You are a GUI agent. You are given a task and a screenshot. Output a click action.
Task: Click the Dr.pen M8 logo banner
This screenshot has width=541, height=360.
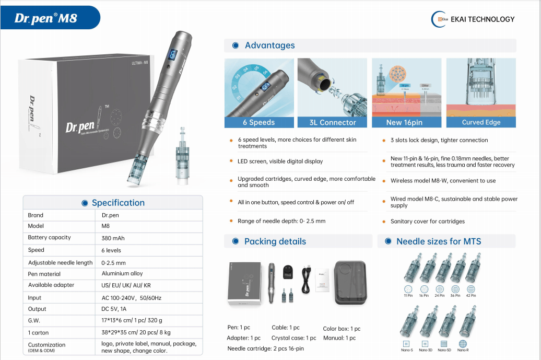point(46,18)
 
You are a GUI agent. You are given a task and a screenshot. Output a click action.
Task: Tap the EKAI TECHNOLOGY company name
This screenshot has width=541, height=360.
point(483,19)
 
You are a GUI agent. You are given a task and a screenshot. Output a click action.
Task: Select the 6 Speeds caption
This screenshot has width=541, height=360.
point(258,122)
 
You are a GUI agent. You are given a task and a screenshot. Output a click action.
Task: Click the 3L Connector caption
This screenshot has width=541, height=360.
point(333,122)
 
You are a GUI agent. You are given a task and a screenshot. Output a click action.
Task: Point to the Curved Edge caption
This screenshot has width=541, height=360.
point(481,122)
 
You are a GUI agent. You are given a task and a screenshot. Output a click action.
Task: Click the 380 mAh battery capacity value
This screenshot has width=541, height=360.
point(113,238)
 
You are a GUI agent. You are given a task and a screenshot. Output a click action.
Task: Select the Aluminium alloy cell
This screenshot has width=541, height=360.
point(122,273)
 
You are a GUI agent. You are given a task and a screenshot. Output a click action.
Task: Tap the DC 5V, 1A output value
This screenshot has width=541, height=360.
point(114,309)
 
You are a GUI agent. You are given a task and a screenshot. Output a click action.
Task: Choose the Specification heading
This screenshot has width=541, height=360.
point(118,203)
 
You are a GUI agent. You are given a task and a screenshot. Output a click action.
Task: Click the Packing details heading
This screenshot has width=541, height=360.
point(275,241)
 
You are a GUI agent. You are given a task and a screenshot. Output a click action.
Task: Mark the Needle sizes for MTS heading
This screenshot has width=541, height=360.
point(439,241)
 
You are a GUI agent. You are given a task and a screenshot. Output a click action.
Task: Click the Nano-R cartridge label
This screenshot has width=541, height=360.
point(463,350)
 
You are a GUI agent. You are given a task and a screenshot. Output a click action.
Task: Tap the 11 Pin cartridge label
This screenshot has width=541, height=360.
point(408,296)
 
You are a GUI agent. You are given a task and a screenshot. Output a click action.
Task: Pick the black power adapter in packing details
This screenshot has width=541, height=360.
point(289,272)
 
